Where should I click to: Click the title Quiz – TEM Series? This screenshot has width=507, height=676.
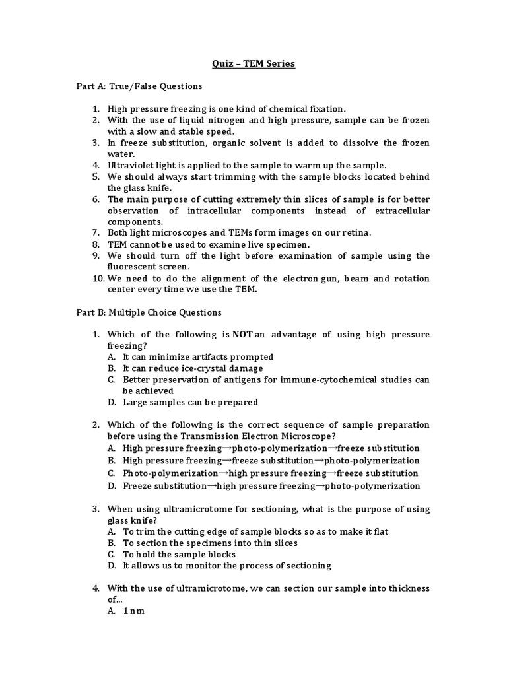click(x=253, y=64)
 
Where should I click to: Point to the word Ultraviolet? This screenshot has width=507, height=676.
click(x=131, y=165)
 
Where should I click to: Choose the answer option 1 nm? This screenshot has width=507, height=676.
click(x=133, y=611)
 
